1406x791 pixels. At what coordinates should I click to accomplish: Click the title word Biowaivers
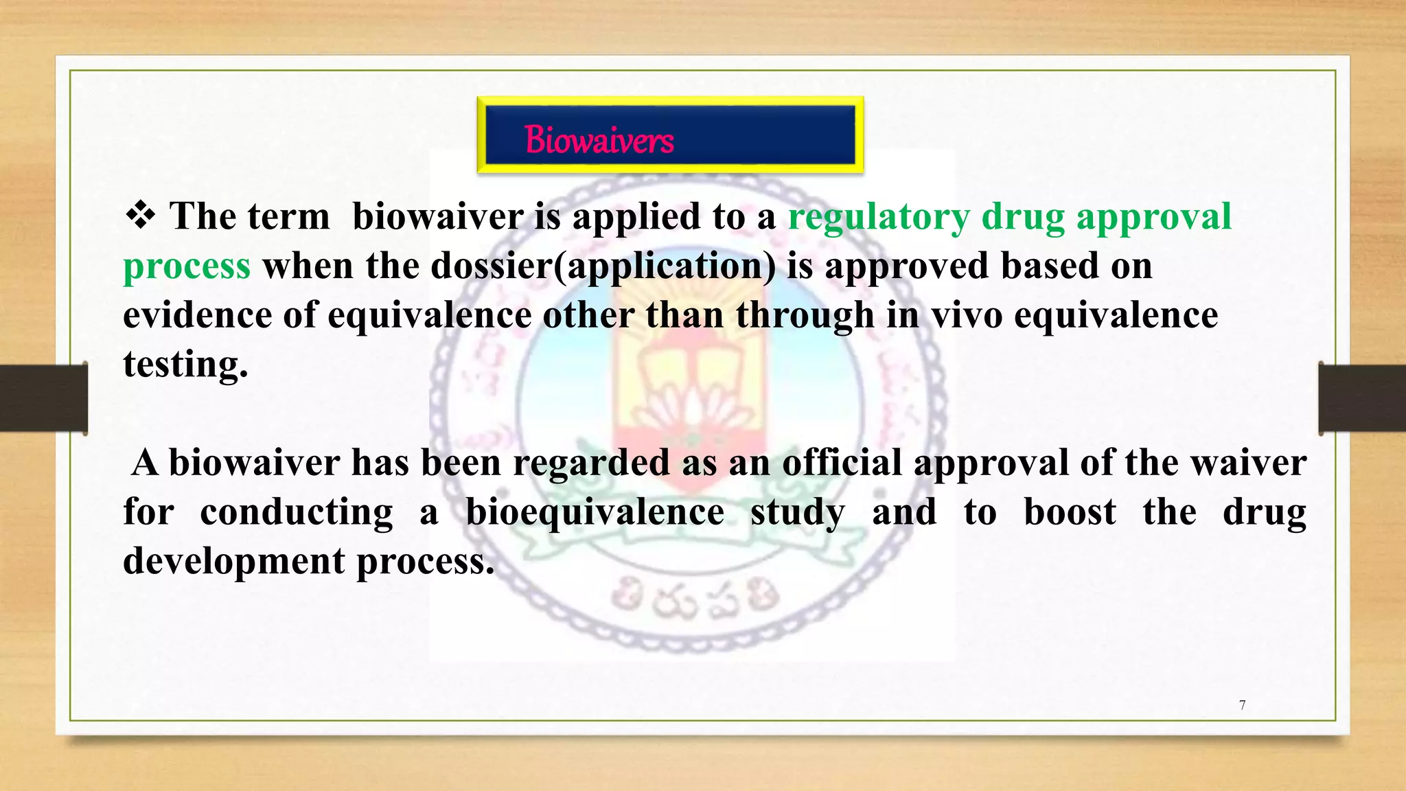pyautogui.click(x=599, y=140)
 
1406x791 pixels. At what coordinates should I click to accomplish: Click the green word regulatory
pyautogui.click(x=879, y=217)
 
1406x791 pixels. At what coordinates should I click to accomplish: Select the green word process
pyautogui.click(x=187, y=266)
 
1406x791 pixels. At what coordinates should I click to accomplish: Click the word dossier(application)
pyautogui.click(x=603, y=266)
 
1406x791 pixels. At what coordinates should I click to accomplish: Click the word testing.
pyautogui.click(x=185, y=365)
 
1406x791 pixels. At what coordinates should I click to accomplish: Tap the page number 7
pyautogui.click(x=1242, y=705)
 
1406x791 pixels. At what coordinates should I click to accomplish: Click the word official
pyautogui.click(x=842, y=462)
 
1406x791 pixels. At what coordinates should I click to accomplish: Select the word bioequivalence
pyautogui.click(x=595, y=512)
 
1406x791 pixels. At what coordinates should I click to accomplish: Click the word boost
pyautogui.click(x=1070, y=512)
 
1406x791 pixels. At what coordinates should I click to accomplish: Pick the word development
pyautogui.click(x=234, y=562)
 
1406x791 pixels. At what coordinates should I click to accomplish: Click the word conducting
pyautogui.click(x=297, y=512)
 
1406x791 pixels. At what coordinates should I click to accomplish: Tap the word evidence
pyautogui.click(x=197, y=315)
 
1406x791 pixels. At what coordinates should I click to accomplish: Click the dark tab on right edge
pyautogui.click(x=1362, y=398)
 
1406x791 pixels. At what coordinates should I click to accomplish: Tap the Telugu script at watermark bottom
pyautogui.click(x=695, y=599)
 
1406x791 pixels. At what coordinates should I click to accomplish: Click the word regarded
pyautogui.click(x=591, y=462)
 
